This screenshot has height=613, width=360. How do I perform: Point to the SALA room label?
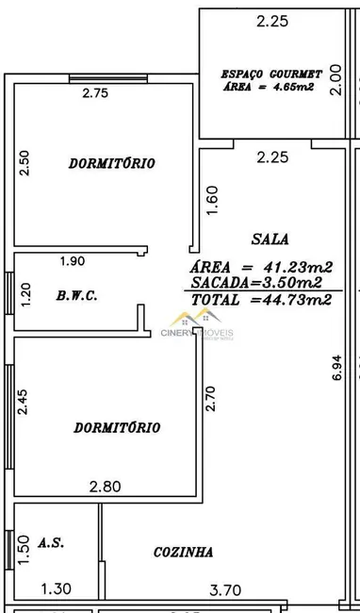pos(270,239)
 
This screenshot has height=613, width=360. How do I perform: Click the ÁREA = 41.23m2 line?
pos(261,267)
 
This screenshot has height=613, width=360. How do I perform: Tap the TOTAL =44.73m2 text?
pos(261,300)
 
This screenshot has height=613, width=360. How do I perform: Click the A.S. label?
pos(51,543)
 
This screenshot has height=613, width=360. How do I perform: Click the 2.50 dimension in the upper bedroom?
pos(25,163)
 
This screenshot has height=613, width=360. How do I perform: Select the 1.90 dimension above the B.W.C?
pos(74,261)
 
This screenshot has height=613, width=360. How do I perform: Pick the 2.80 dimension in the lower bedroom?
pos(105,487)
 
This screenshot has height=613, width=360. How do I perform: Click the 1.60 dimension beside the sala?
pos(213,200)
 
